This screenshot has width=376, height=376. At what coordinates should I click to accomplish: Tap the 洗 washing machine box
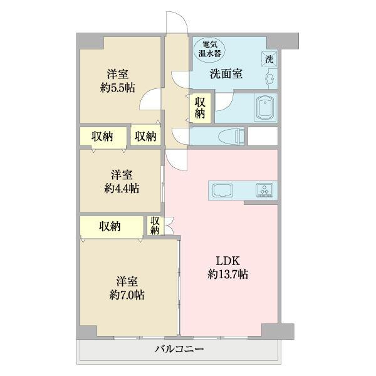click(269, 60)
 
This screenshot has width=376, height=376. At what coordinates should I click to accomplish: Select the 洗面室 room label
click(226, 74)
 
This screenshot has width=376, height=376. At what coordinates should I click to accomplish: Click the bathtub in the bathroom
click(265, 108)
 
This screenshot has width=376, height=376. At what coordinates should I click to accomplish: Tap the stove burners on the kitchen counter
click(264, 189)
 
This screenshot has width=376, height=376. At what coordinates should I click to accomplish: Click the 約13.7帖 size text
click(228, 274)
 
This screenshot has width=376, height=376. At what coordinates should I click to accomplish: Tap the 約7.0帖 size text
click(127, 294)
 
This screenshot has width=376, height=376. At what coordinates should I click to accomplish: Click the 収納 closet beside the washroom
click(200, 108)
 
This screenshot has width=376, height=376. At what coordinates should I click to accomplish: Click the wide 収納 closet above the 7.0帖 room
click(110, 227)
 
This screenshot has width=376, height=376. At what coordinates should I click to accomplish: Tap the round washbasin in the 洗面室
click(269, 79)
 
